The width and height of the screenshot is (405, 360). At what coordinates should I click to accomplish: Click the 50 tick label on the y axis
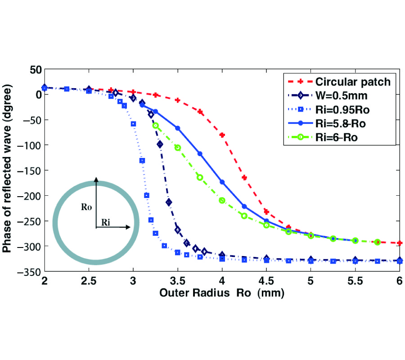[35, 69]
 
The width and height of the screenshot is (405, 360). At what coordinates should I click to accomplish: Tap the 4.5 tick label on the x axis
[266, 282]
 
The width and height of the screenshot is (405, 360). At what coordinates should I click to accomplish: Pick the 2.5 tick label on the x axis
[89, 282]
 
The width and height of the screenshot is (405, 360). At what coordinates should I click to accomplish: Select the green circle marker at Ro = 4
[222, 200]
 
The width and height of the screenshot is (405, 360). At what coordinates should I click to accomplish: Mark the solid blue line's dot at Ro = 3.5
[177, 128]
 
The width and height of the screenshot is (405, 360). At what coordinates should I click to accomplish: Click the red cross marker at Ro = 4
[222, 135]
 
